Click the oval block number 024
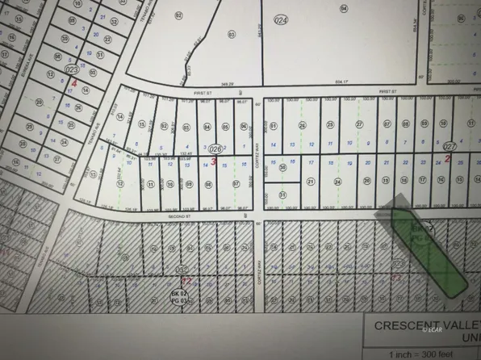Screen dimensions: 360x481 281,19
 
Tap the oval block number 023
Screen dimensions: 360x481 70,70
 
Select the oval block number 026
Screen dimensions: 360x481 215,149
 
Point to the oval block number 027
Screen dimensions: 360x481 450,148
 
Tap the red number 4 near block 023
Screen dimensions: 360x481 74,82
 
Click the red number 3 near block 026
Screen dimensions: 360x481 213,161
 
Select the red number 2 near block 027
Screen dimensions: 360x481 447,158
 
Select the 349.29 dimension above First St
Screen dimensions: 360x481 236,83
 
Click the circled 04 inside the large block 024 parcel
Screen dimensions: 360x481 343,8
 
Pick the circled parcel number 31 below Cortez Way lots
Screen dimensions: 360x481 282,195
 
